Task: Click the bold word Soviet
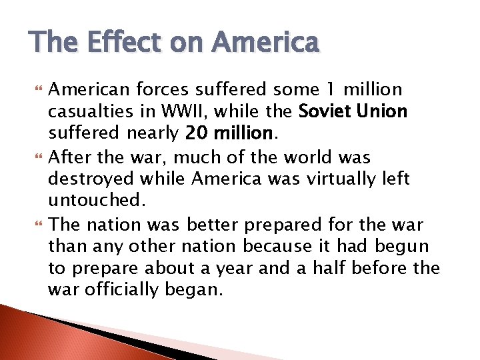click(325, 111)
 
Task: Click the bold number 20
click(197, 134)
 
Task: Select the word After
click(69, 157)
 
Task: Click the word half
click(347, 268)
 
